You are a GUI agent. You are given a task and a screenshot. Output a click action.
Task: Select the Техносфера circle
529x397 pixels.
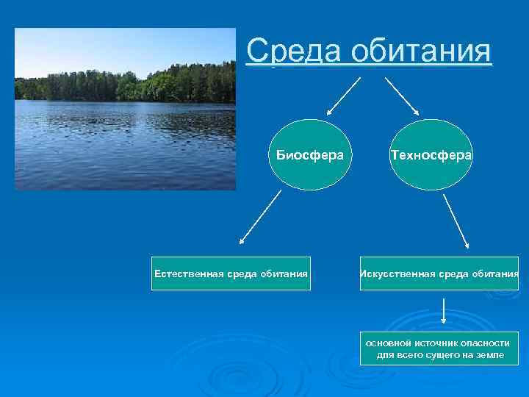coord(431,155)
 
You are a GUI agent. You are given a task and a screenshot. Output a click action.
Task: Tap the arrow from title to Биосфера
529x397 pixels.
coord(342,96)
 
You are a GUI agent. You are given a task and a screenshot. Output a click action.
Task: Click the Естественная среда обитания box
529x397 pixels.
coord(230,273)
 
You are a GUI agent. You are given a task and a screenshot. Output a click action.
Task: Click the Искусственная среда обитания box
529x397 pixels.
coord(439,273)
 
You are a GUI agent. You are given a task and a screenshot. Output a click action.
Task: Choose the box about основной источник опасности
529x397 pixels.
coord(439,349)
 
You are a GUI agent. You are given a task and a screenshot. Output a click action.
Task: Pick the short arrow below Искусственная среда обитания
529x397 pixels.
coord(444,310)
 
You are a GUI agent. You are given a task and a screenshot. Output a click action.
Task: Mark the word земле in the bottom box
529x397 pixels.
coord(489,355)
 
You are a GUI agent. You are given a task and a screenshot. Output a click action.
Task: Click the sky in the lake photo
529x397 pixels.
coord(125,48)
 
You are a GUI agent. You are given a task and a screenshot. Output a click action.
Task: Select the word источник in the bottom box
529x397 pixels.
coord(437,343)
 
